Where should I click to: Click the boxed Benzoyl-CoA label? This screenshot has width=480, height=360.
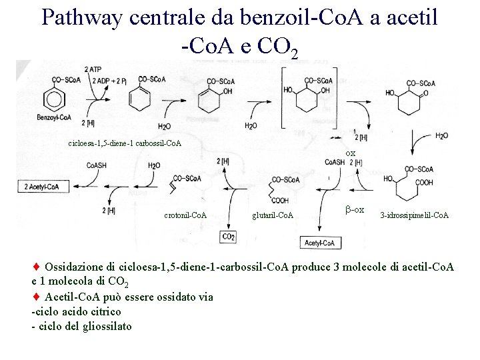pos(55,118)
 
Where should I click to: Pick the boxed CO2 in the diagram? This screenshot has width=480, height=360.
pos(228,237)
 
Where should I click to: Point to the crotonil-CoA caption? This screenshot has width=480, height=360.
pos(185,215)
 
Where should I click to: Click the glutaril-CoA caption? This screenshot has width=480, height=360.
pos(273,215)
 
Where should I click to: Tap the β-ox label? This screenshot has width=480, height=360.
pos(355,210)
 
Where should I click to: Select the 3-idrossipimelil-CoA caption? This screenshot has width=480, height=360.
pos(414,215)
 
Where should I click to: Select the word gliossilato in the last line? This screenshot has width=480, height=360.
pos(106,326)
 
